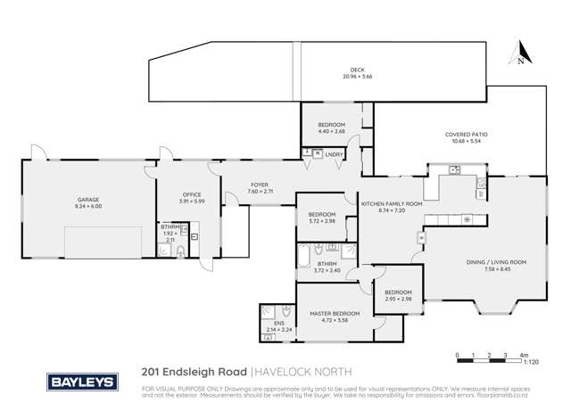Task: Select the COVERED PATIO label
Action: [x=466, y=135]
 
